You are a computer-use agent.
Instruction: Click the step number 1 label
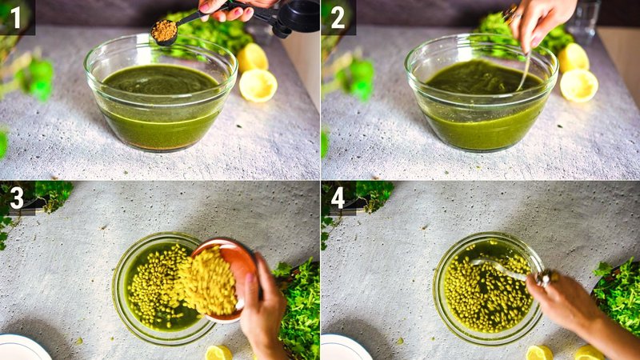click(x=16, y=17)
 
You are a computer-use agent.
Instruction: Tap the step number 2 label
click(x=338, y=17)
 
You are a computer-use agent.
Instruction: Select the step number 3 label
click(x=16, y=197)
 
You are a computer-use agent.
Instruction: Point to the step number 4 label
click(x=338, y=197)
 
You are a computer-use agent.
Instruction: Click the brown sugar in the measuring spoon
click(x=165, y=30)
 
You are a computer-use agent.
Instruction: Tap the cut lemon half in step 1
click(x=258, y=85)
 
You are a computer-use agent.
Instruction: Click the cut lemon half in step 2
click(x=579, y=85)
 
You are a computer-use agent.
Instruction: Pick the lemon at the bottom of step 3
click(x=218, y=352)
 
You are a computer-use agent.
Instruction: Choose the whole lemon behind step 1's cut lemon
click(x=253, y=57)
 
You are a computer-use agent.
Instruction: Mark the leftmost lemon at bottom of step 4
click(x=538, y=352)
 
